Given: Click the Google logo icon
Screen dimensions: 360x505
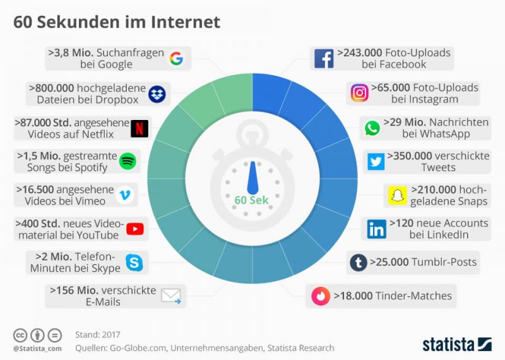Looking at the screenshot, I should click(x=176, y=59).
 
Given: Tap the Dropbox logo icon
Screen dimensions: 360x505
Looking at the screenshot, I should click(x=157, y=94).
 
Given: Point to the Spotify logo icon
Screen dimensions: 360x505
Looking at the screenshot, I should click(x=128, y=162).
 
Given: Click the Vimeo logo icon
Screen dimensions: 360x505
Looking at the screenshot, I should click(x=127, y=196).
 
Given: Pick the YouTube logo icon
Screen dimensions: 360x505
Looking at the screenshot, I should click(x=135, y=229).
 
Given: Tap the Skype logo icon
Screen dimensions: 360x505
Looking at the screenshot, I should click(x=134, y=263).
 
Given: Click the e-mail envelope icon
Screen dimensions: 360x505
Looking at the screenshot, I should click(x=171, y=296).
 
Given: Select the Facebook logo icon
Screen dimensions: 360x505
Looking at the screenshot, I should click(x=324, y=59).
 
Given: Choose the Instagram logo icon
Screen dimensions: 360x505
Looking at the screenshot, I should click(x=359, y=93).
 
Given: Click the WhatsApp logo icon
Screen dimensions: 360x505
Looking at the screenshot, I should click(x=372, y=128).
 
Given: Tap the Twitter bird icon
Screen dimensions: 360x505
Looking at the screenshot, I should click(x=376, y=162).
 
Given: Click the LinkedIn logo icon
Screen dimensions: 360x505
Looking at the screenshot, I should click(x=377, y=229).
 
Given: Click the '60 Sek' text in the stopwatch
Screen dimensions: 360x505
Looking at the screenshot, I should click(x=251, y=200).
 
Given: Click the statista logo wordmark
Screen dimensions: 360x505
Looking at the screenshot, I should click(x=448, y=344).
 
